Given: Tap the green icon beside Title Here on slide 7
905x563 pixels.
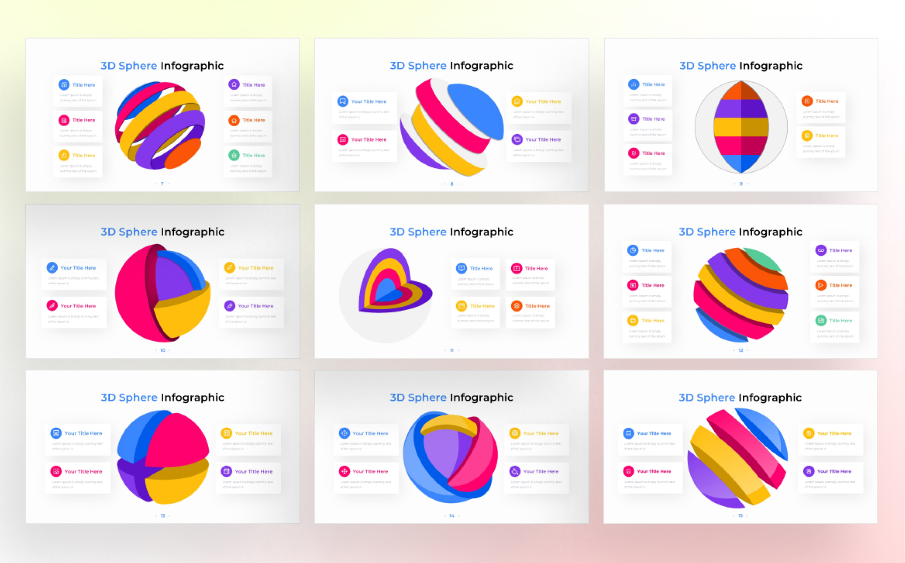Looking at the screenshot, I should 234,155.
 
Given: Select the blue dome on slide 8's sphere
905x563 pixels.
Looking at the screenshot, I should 476,109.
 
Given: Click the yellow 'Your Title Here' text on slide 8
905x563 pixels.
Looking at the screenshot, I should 543,101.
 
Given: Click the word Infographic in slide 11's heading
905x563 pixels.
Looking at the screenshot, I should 482,232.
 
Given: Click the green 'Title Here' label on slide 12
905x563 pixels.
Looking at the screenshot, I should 840,321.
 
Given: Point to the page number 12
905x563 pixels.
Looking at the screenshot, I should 741,350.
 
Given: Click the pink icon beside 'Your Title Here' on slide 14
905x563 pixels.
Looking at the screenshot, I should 344,472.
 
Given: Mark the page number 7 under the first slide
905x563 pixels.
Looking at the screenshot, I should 162,184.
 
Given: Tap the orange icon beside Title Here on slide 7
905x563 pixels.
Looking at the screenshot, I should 234,121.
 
